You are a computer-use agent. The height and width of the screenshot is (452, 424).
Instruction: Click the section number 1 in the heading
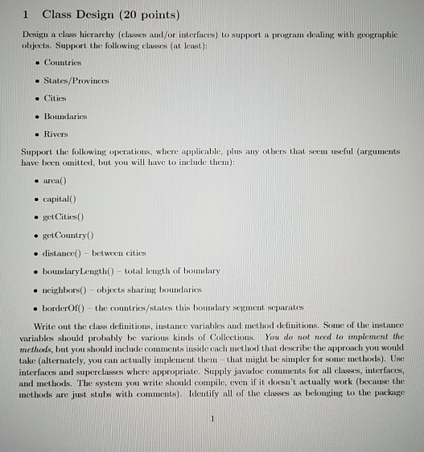[x=27, y=15]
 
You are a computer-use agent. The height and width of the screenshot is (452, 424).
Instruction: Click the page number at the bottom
[x=210, y=418]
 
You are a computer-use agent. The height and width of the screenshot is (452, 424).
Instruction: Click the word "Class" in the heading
[x=58, y=15]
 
